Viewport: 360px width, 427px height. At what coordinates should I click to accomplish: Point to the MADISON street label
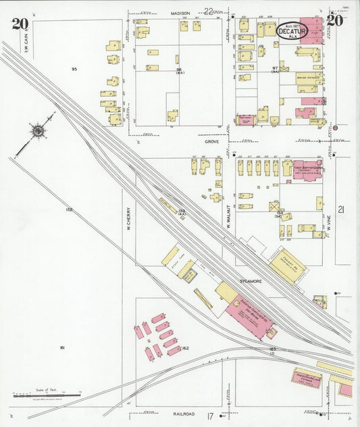pyautogui.click(x=180, y=12)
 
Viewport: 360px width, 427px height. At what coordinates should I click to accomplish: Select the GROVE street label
pyautogui.click(x=213, y=142)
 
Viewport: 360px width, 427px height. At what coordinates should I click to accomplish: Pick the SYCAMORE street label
pyautogui.click(x=231, y=276)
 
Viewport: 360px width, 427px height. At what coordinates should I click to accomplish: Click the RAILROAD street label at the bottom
pyautogui.click(x=183, y=413)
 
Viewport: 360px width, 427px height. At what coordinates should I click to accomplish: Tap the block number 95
pyautogui.click(x=75, y=69)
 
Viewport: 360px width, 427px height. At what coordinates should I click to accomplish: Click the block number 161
pyautogui.click(x=61, y=347)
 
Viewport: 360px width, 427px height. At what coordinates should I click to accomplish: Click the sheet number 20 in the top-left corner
pyautogui.click(x=20, y=24)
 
